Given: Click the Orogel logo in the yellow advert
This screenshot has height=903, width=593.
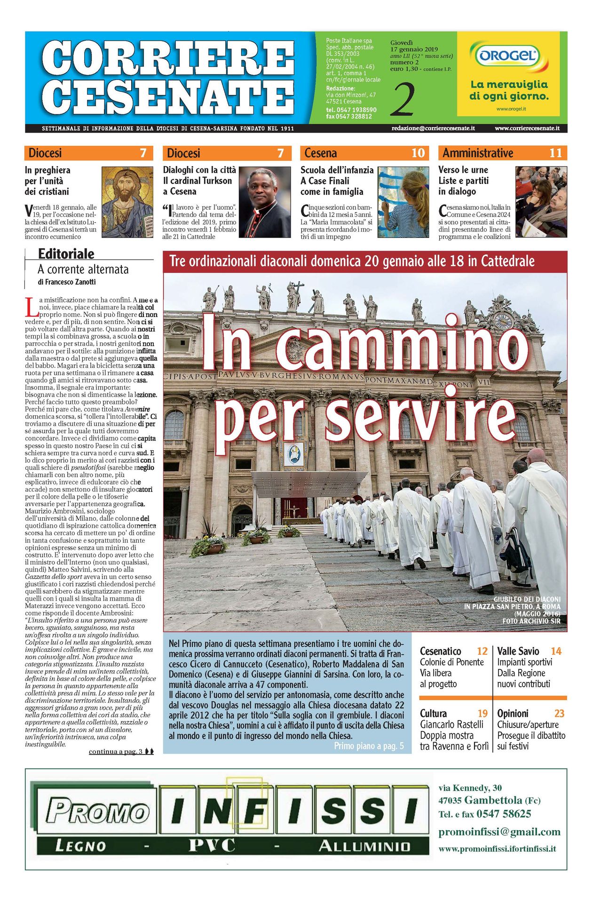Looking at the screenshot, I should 508,56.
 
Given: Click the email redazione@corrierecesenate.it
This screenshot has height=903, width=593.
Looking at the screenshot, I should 433,128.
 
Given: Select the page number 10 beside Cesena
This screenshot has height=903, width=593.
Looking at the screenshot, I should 418,153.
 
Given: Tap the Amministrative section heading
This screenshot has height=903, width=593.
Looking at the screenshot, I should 478,153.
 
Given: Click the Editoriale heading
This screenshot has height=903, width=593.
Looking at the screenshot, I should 66,254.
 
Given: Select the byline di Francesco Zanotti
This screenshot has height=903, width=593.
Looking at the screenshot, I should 67,282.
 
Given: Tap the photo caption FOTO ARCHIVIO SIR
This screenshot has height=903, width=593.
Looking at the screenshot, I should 531,621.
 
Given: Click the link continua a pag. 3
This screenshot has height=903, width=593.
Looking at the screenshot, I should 116,752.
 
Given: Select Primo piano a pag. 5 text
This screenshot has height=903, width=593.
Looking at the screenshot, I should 369,746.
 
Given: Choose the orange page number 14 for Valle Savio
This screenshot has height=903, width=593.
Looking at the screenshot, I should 556,651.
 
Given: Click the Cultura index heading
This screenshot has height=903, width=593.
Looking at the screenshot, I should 433,713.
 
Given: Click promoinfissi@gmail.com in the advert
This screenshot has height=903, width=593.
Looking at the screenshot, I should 499,832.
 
